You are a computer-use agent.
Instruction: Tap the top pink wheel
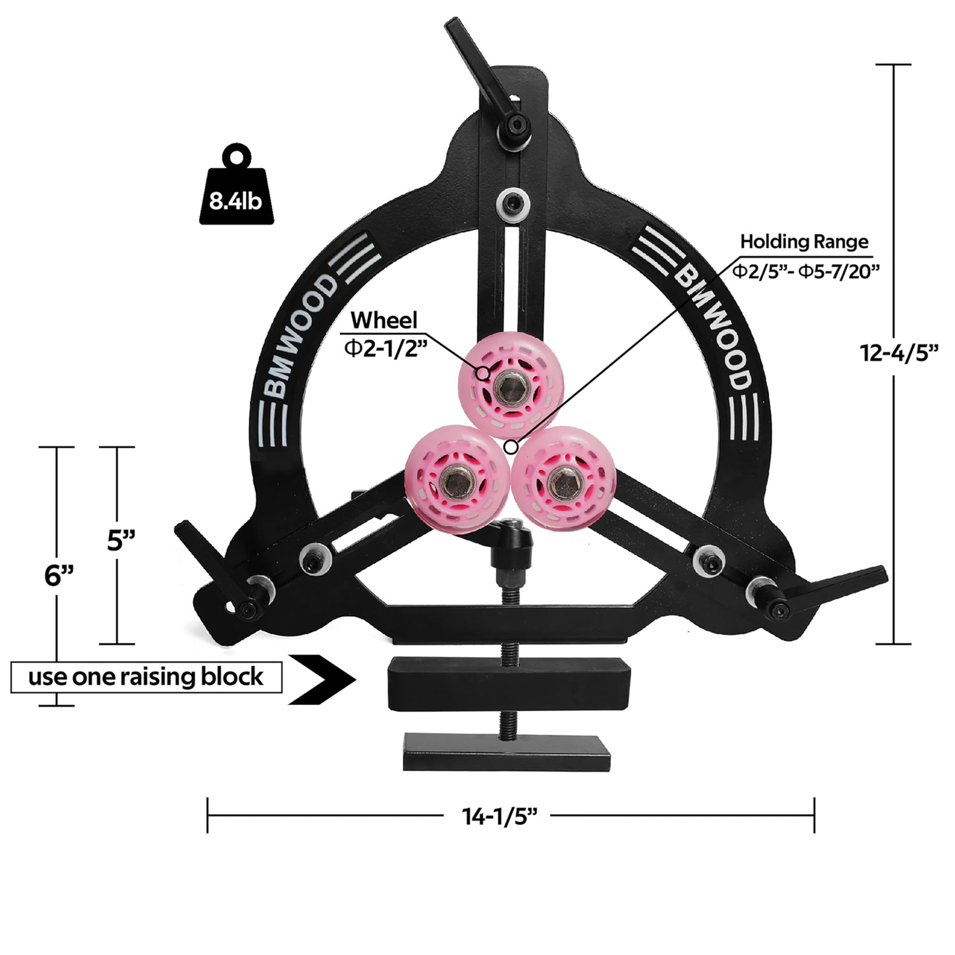click(x=511, y=384)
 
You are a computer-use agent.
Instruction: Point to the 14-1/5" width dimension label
click(x=500, y=816)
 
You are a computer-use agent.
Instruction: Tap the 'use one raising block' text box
click(x=146, y=677)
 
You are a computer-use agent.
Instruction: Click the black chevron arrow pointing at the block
click(x=322, y=679)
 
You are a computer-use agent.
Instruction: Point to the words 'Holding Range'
click(x=804, y=242)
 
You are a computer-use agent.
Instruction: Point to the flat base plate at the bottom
click(x=507, y=751)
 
